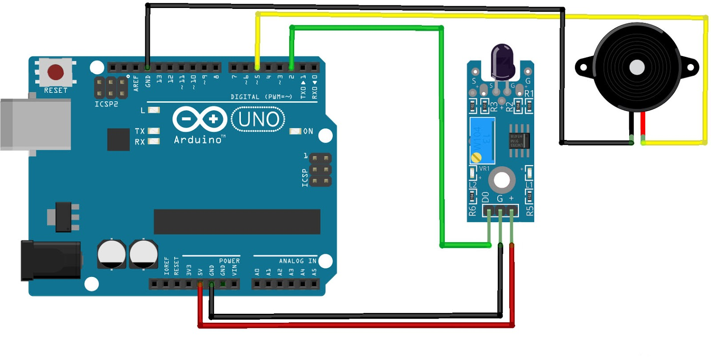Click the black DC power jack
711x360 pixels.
click(x=51, y=260)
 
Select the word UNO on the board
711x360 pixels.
click(x=259, y=119)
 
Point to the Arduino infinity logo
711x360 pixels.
click(x=200, y=119)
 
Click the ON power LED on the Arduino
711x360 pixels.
click(x=296, y=131)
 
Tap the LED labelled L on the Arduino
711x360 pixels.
click(x=154, y=110)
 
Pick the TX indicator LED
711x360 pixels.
click(x=154, y=131)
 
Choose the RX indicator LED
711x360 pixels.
click(x=154, y=141)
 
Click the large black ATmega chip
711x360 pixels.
click(x=237, y=222)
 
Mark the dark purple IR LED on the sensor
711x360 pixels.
click(x=502, y=60)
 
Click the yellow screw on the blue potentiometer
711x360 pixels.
click(x=476, y=157)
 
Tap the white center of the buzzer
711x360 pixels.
click(x=637, y=68)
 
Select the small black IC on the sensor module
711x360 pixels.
click(x=519, y=140)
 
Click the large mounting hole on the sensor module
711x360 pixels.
click(x=502, y=180)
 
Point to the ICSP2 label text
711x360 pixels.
click(x=106, y=104)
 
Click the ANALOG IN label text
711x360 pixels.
click(x=298, y=261)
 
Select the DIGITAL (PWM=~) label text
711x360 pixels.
click(x=261, y=97)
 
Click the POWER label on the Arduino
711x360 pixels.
click(x=229, y=261)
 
